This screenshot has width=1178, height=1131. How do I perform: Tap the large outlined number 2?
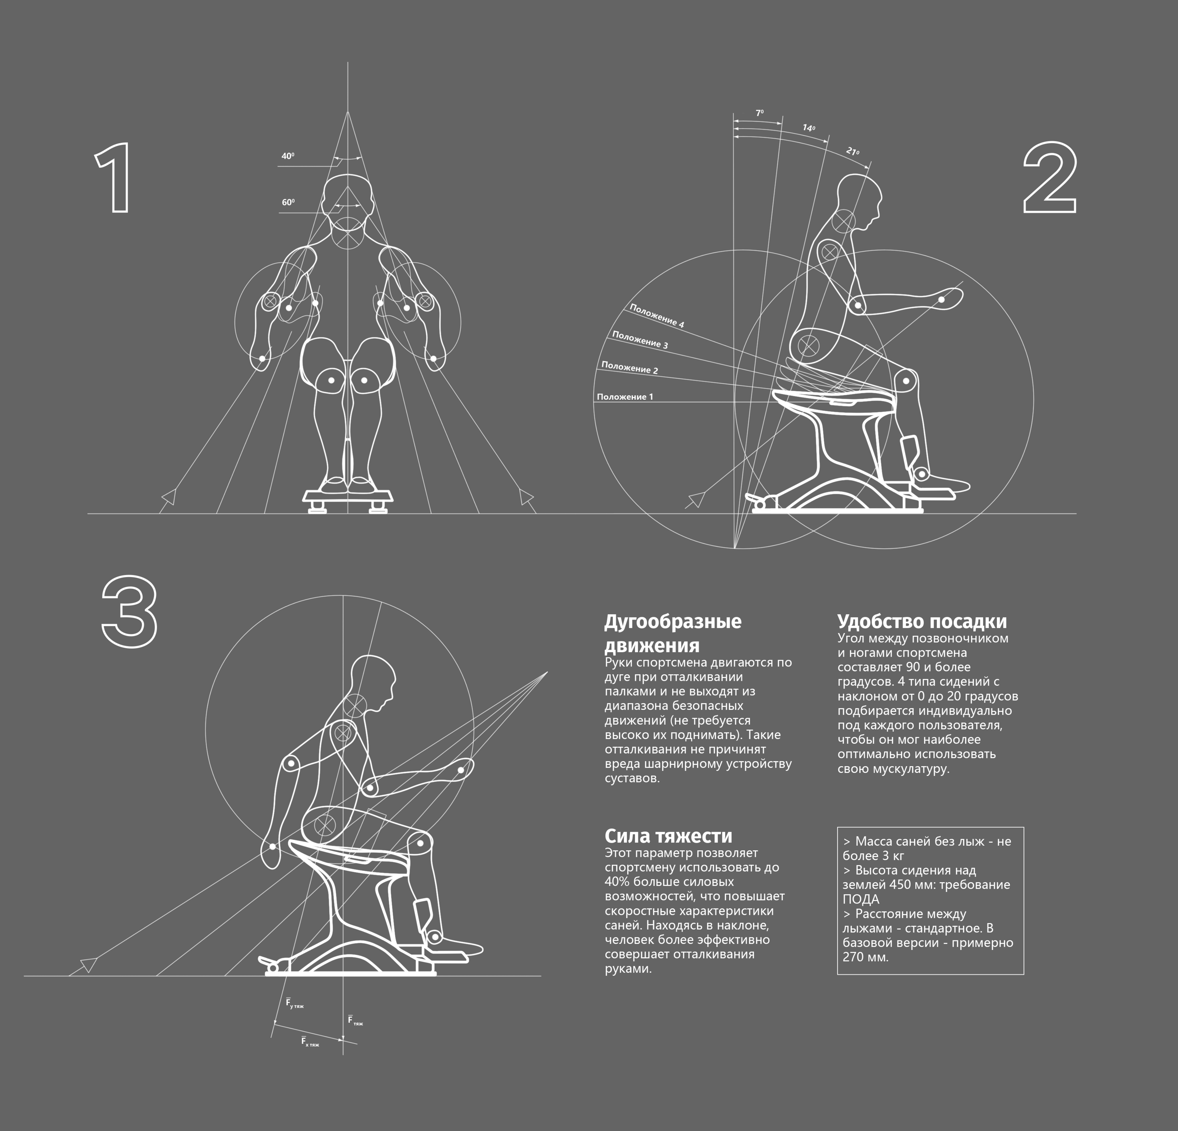point(1050,178)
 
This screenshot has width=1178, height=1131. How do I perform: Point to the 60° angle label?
point(288,202)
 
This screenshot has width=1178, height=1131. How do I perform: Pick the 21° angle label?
point(852,151)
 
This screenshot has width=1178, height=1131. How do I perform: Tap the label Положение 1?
point(625,397)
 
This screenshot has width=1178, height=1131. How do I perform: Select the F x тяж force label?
point(310,1042)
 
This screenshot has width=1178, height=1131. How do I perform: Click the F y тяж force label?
point(294,1003)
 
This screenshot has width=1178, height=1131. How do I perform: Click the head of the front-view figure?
point(348,204)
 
